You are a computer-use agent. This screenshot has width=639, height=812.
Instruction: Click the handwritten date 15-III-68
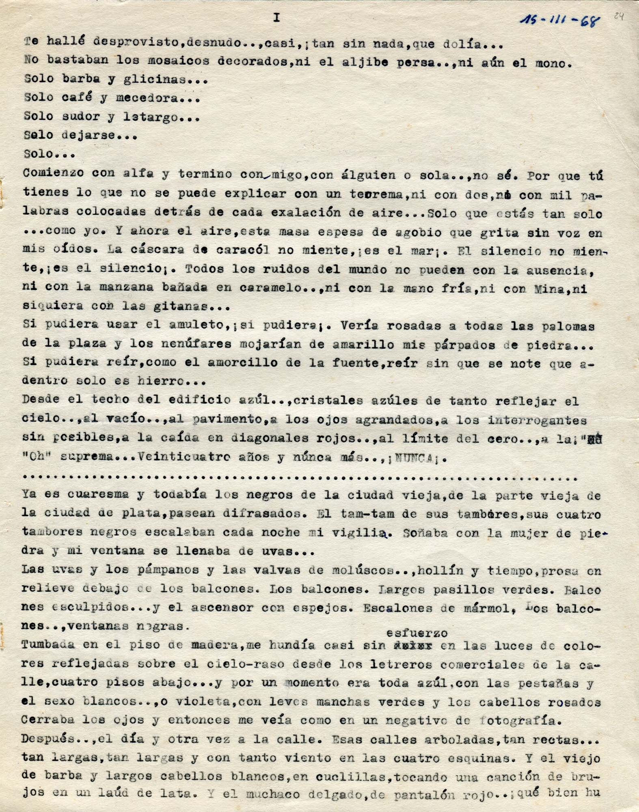(559, 19)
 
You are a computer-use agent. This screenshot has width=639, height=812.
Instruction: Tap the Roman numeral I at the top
(277, 18)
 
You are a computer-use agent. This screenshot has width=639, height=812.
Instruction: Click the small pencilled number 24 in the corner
(618, 16)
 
